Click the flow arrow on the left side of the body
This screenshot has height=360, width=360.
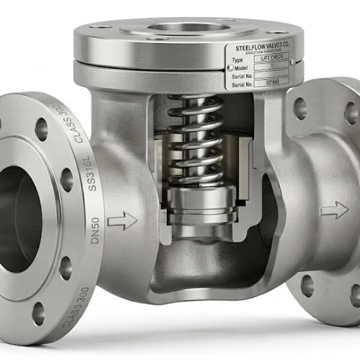(x=122, y=220)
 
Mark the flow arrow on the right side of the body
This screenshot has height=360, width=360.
(x=334, y=210)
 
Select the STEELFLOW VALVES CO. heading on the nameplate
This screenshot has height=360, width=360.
(x=259, y=44)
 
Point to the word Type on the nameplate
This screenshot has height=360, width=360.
(x=238, y=61)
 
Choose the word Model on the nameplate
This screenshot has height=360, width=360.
(x=239, y=68)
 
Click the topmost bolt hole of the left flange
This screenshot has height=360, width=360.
(x=41, y=128)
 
